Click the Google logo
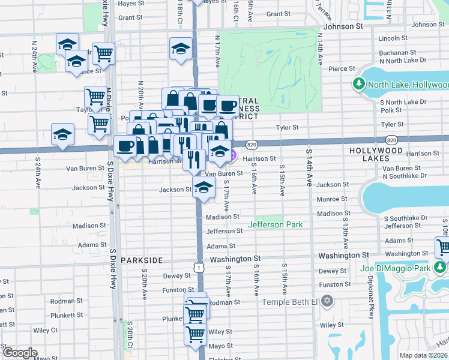click(20, 353)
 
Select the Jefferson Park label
click(276, 225)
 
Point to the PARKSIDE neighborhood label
click(142, 260)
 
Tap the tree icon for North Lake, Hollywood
click(360, 85)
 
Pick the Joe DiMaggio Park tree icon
click(441, 266)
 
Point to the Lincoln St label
click(394, 38)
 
